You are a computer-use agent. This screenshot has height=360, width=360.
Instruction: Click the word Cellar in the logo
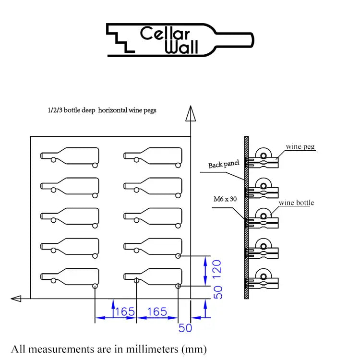tap(165, 34)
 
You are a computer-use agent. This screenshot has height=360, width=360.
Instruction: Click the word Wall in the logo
tap(182, 48)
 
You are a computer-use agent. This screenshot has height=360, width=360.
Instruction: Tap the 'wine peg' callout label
tap(300, 146)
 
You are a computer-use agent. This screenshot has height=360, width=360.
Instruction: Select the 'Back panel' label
tap(224, 165)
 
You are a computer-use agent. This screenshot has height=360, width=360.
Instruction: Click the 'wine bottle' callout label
tap(297, 203)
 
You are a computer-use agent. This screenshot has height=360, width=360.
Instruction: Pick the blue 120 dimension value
tap(218, 270)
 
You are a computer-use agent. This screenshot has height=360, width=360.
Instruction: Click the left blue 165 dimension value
tap(125, 312)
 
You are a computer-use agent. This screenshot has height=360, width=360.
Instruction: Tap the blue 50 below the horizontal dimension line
tap(185, 328)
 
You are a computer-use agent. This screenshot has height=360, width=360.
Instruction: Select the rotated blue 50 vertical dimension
tap(218, 292)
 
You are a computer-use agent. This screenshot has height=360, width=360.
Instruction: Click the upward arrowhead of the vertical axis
tap(191, 114)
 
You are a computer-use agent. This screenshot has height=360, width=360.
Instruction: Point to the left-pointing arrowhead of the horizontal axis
tap(16, 299)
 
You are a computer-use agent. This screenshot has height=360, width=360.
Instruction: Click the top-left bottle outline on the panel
tap(70, 156)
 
